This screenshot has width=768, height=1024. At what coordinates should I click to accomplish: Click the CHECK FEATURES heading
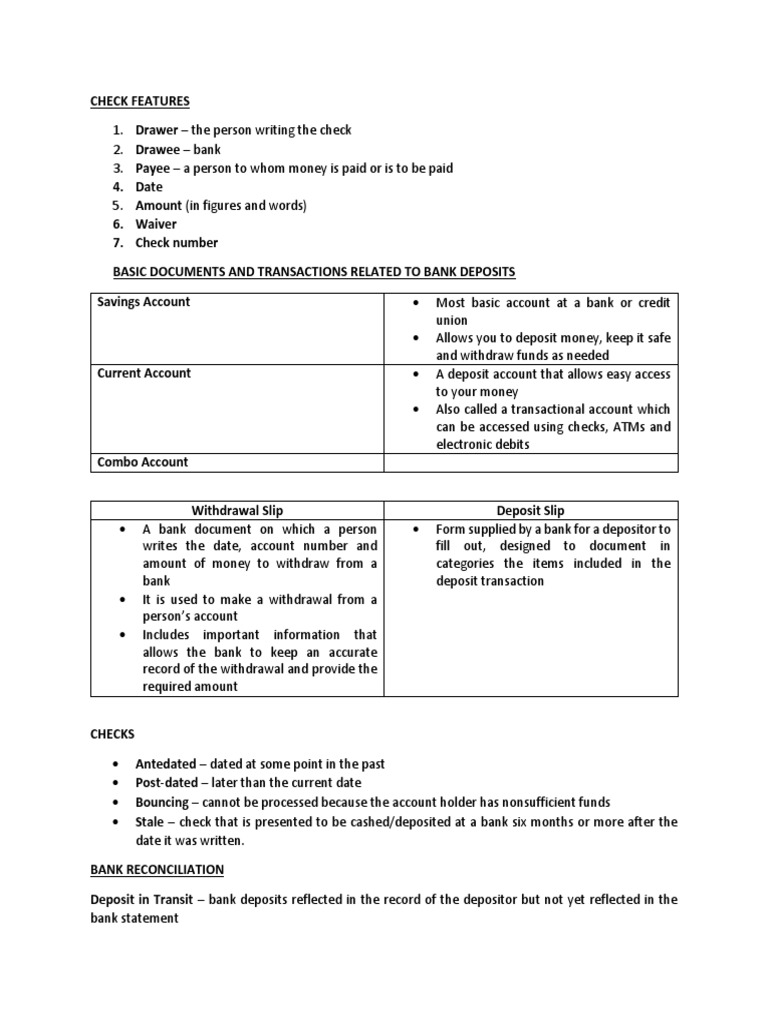pyautogui.click(x=140, y=101)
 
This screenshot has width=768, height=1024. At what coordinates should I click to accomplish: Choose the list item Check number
pyautogui.click(x=177, y=242)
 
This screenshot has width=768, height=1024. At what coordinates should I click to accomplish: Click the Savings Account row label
pyautogui.click(x=143, y=302)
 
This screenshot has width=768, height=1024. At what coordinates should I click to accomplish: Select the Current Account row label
pyautogui.click(x=143, y=373)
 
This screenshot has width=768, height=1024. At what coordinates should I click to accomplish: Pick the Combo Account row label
pyautogui.click(x=142, y=462)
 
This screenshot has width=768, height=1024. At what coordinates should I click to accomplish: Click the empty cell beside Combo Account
pyautogui.click(x=531, y=462)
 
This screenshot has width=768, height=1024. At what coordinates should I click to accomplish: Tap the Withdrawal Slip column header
pyautogui.click(x=238, y=511)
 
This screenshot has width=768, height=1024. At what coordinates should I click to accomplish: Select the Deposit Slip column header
pyautogui.click(x=531, y=511)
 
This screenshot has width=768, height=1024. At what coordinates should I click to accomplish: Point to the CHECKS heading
pyautogui.click(x=113, y=735)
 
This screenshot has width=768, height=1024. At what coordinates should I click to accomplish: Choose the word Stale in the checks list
pyautogui.click(x=151, y=821)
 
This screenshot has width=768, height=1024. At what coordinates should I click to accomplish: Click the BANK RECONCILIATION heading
pyautogui.click(x=157, y=870)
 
